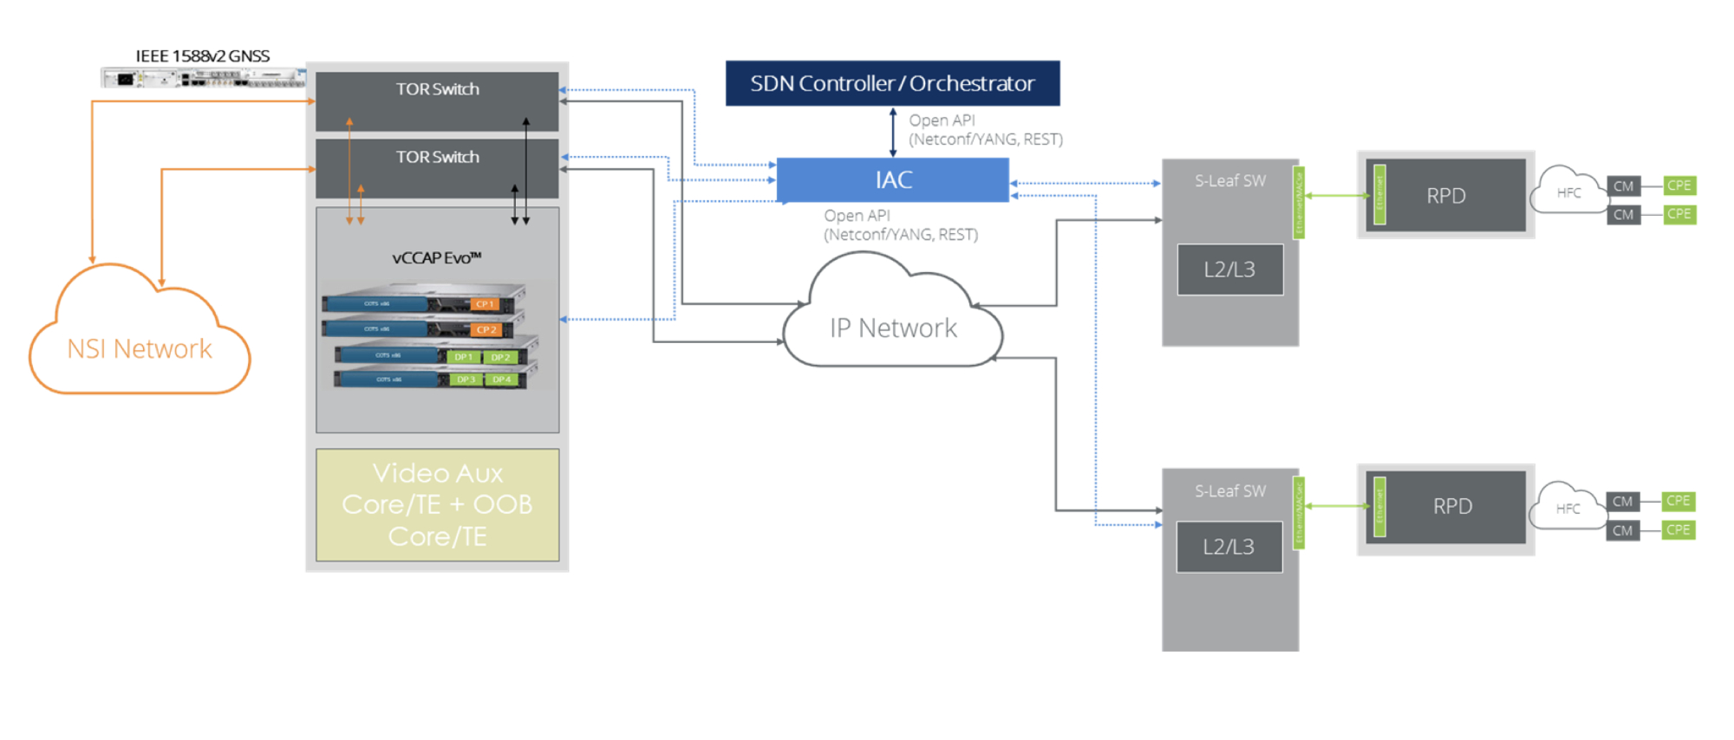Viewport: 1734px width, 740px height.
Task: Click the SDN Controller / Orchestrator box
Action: point(892,83)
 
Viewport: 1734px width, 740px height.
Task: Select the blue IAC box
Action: point(892,180)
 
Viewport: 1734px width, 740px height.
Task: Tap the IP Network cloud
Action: point(893,327)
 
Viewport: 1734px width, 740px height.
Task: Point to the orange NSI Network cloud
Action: point(140,347)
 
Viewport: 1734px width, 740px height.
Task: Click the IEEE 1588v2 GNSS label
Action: point(202,56)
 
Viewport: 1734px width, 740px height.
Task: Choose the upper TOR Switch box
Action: point(437,101)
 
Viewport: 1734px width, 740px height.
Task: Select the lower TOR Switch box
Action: point(437,168)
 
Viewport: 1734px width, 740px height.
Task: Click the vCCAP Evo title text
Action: point(436,258)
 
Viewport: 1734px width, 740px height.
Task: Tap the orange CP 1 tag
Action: point(485,304)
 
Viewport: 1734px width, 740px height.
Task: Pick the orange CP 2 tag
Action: point(486,330)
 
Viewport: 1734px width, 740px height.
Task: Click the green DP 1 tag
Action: point(464,357)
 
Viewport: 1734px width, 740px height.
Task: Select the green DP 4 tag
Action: point(501,380)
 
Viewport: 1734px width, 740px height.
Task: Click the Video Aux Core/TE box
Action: point(437,504)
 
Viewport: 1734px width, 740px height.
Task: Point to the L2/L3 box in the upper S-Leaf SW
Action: point(1229,269)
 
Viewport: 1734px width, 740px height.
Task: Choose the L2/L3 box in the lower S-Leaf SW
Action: point(1229,547)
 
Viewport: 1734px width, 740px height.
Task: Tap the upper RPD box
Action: point(1445,195)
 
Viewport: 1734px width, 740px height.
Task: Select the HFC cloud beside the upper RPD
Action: point(1568,192)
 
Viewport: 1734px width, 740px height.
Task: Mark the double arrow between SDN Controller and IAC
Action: point(893,132)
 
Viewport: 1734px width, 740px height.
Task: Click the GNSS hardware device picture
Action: point(204,78)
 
